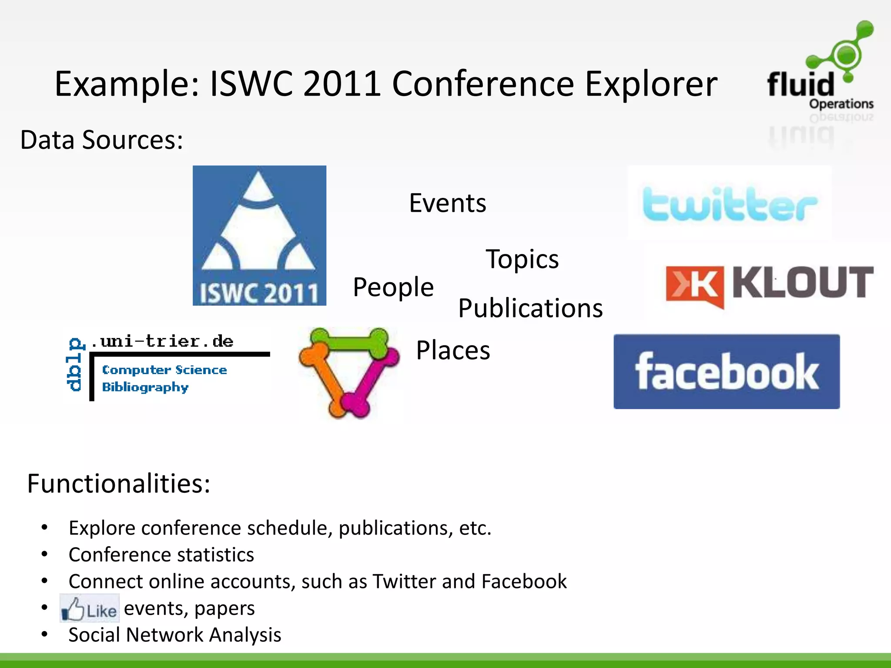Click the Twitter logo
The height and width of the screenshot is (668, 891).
[730, 203]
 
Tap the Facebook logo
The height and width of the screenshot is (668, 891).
[727, 371]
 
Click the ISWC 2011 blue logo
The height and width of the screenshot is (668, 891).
[259, 235]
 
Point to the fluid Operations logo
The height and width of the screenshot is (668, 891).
[821, 70]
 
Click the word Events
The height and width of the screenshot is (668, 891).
[447, 203]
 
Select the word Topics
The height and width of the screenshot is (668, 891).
[522, 259]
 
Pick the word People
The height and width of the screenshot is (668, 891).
[393, 287]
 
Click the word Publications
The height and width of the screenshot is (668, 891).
[530, 308]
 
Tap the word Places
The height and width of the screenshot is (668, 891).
[453, 350]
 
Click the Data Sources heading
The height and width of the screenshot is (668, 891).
[102, 140]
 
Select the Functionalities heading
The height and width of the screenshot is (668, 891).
[119, 483]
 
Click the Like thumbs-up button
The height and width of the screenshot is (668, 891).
[90, 608]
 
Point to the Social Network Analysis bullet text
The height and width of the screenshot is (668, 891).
[175, 635]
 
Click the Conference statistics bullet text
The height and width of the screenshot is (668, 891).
[161, 555]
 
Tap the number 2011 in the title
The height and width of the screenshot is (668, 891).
[342, 83]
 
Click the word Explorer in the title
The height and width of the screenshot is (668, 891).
[651, 83]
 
